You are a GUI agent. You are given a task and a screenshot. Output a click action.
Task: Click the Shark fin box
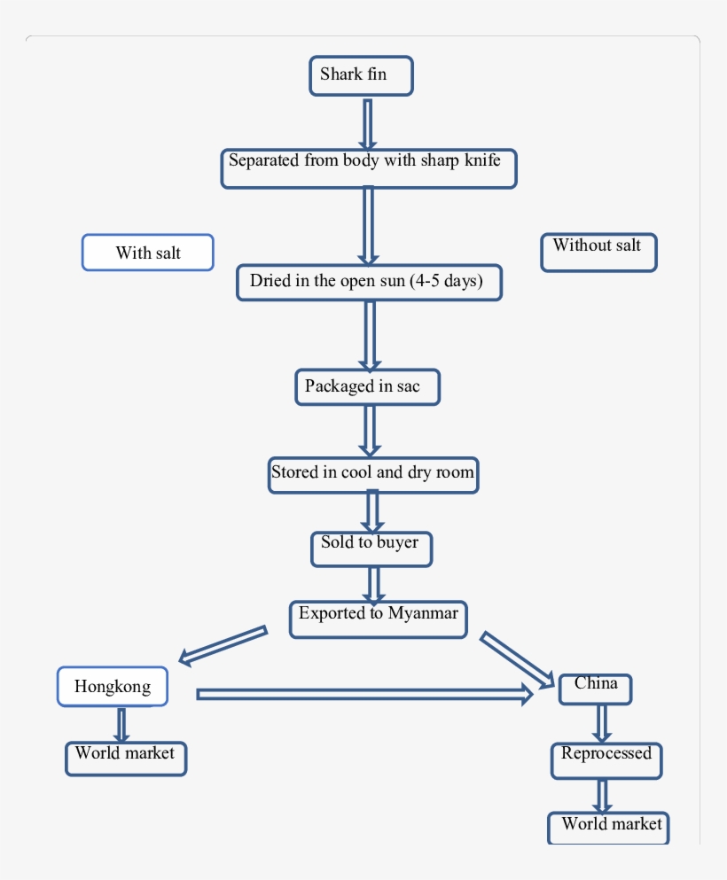(x=361, y=75)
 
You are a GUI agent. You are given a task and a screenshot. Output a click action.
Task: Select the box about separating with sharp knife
(x=368, y=167)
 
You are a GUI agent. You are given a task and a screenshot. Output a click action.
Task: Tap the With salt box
(x=148, y=253)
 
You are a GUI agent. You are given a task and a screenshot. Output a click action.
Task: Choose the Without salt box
(x=598, y=252)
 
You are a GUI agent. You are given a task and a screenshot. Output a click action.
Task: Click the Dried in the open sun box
(x=369, y=282)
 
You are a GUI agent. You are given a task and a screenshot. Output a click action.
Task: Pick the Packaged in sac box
(x=367, y=387)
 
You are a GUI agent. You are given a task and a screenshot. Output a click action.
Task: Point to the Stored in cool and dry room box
(x=373, y=473)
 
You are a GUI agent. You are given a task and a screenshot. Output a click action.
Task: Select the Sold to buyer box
(x=371, y=549)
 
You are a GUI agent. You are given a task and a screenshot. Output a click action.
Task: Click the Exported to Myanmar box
(x=379, y=618)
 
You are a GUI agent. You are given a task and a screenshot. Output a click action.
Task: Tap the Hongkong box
(x=113, y=687)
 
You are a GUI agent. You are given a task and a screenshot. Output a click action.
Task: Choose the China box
(x=595, y=689)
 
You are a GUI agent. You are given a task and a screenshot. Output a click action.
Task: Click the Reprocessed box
(x=606, y=760)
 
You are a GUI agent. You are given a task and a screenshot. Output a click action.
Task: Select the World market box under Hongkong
(x=126, y=758)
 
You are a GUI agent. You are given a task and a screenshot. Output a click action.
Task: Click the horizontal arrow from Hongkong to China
(x=363, y=694)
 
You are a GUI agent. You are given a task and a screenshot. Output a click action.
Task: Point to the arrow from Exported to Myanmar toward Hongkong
(x=223, y=644)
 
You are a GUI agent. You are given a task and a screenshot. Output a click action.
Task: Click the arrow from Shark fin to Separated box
(x=367, y=123)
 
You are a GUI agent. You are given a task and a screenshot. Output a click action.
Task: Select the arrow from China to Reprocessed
(x=602, y=723)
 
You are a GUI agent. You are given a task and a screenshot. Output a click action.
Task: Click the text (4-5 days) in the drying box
(x=446, y=282)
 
